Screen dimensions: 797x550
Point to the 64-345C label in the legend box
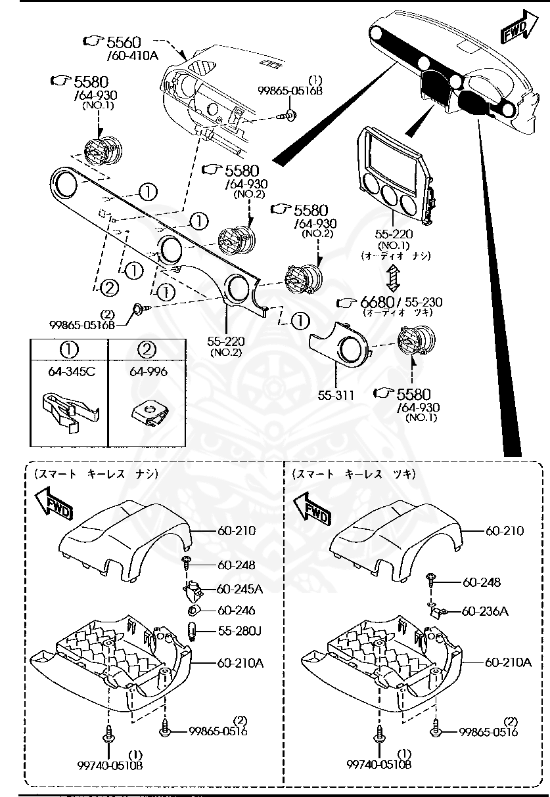[x=70, y=372]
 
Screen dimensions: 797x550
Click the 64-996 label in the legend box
[x=147, y=372]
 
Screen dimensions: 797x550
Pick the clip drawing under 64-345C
[x=69, y=410]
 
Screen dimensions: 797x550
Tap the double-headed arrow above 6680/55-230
[x=392, y=278]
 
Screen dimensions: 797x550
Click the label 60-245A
[x=239, y=589]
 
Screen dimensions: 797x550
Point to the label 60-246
[x=236, y=611]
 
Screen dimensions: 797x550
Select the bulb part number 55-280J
[x=239, y=632]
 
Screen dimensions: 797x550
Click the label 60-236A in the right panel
[x=485, y=611]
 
